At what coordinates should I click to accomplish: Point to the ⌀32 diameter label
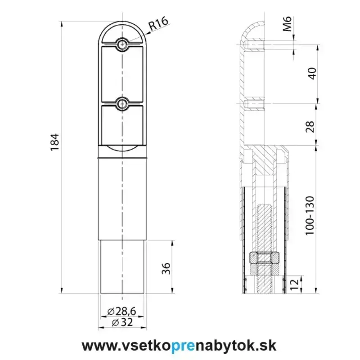122,322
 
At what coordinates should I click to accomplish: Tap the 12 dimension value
295,284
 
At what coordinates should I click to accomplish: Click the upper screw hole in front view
122,44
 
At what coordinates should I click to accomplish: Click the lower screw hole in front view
122,104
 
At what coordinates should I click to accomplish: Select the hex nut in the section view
265,258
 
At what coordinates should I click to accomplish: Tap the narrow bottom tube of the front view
122,267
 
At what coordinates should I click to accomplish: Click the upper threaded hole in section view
255,45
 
